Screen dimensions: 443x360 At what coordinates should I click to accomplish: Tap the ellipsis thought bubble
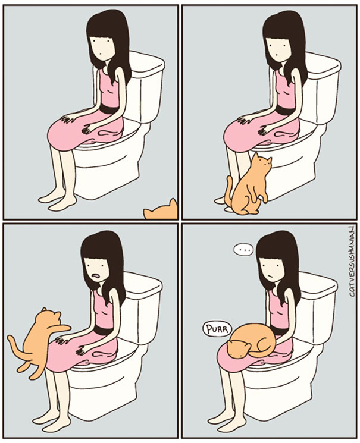243,250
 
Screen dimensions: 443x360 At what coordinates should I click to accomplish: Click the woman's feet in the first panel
57,200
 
